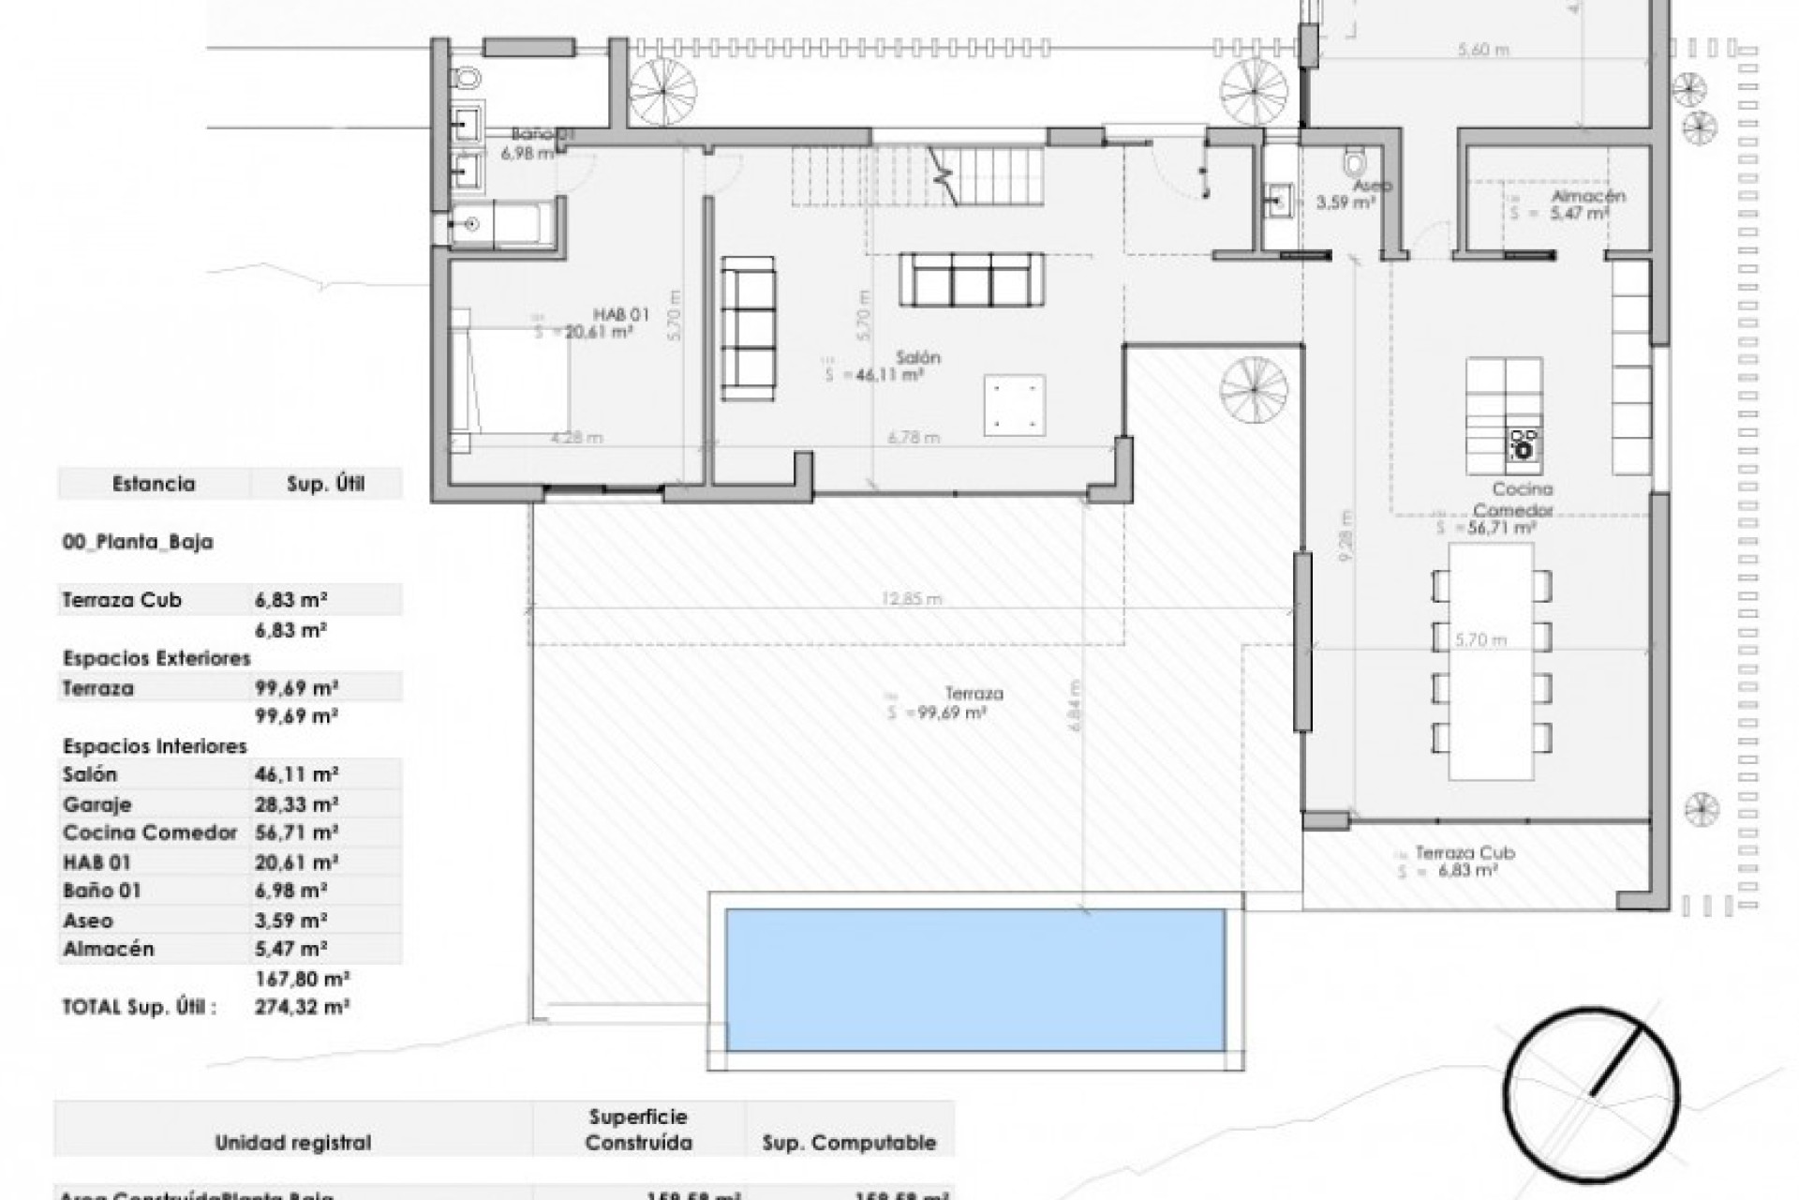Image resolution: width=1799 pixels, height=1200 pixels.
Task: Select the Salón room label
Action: coord(917,358)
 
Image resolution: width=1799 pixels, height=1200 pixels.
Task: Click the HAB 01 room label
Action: coord(620,314)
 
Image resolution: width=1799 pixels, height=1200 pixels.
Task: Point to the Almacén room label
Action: coord(1588,197)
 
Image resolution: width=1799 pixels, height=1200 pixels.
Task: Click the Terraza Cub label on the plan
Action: coord(1464,853)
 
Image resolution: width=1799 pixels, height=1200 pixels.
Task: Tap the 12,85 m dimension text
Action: coord(912,599)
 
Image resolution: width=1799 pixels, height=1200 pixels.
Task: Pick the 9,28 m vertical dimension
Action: coord(1346,535)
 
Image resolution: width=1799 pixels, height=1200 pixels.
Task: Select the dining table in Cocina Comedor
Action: coord(1490,661)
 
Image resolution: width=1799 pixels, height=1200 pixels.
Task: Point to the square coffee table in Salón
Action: coord(1014,405)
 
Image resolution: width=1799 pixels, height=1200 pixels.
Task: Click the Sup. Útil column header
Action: coord(325,485)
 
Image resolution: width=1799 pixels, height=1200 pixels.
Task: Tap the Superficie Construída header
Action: coord(638,1129)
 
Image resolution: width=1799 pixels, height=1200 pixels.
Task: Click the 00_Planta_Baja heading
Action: coord(138,542)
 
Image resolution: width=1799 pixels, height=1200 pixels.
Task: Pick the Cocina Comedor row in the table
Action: coord(150,832)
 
